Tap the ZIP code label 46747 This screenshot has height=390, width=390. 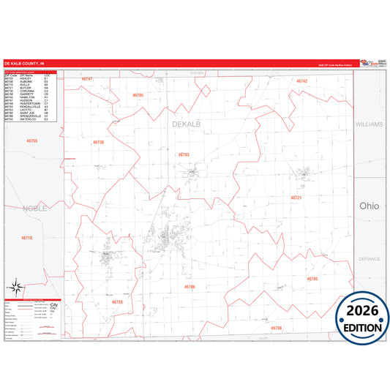[x=87, y=78]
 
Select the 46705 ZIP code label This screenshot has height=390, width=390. [x=138, y=96]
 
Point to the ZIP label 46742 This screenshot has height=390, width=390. [x=301, y=81]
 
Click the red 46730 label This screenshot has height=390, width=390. [x=99, y=142]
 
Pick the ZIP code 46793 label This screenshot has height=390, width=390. [x=184, y=154]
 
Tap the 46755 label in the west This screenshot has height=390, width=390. [x=31, y=140]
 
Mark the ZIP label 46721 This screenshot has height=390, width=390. [x=296, y=198]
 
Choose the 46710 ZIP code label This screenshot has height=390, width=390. [x=26, y=239]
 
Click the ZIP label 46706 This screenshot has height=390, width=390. [x=190, y=287]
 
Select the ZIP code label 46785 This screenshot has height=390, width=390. [x=312, y=279]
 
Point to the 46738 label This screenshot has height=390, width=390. [x=118, y=302]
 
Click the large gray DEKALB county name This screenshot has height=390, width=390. [x=186, y=124]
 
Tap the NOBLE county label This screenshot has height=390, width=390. [x=34, y=209]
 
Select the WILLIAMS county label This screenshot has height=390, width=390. [x=369, y=124]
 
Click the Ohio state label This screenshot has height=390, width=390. [x=369, y=206]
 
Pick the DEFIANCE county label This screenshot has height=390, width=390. [x=370, y=259]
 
